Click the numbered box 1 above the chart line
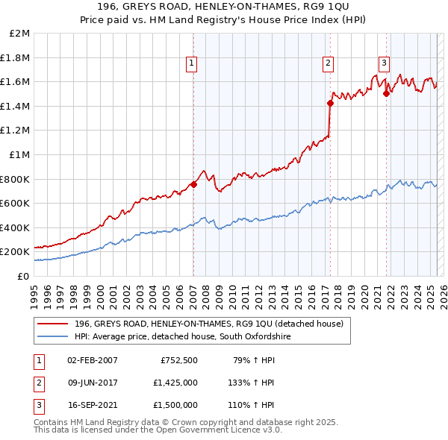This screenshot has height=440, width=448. [192, 64]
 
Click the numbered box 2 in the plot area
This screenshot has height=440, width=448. [329, 64]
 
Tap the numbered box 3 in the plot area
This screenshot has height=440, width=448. [384, 64]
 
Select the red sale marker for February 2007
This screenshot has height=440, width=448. [193, 184]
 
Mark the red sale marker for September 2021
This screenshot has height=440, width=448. [387, 93]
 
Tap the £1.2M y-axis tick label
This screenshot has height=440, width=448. [16, 130]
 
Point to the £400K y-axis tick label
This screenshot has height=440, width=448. [15, 227]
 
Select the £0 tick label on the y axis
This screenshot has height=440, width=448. [24, 276]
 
